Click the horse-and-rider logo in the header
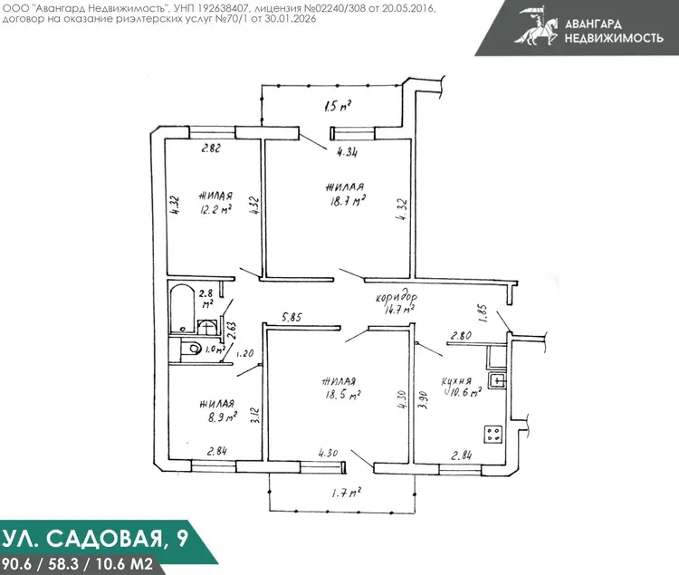click(x=536, y=25)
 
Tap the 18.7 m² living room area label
click(x=348, y=201)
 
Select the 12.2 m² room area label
click(x=215, y=209)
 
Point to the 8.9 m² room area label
click(x=222, y=417)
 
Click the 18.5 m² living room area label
click(x=343, y=395)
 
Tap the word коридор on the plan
click(x=397, y=297)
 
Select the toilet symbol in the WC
click(x=189, y=349)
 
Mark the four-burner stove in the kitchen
click(x=493, y=434)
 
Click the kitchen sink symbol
click(x=497, y=380)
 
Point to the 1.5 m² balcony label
click(x=338, y=106)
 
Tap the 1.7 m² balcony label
click(x=347, y=493)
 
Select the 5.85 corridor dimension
click(x=292, y=317)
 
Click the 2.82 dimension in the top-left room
click(x=211, y=149)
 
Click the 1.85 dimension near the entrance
click(x=484, y=313)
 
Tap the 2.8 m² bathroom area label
click(x=206, y=298)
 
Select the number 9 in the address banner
click(x=182, y=538)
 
